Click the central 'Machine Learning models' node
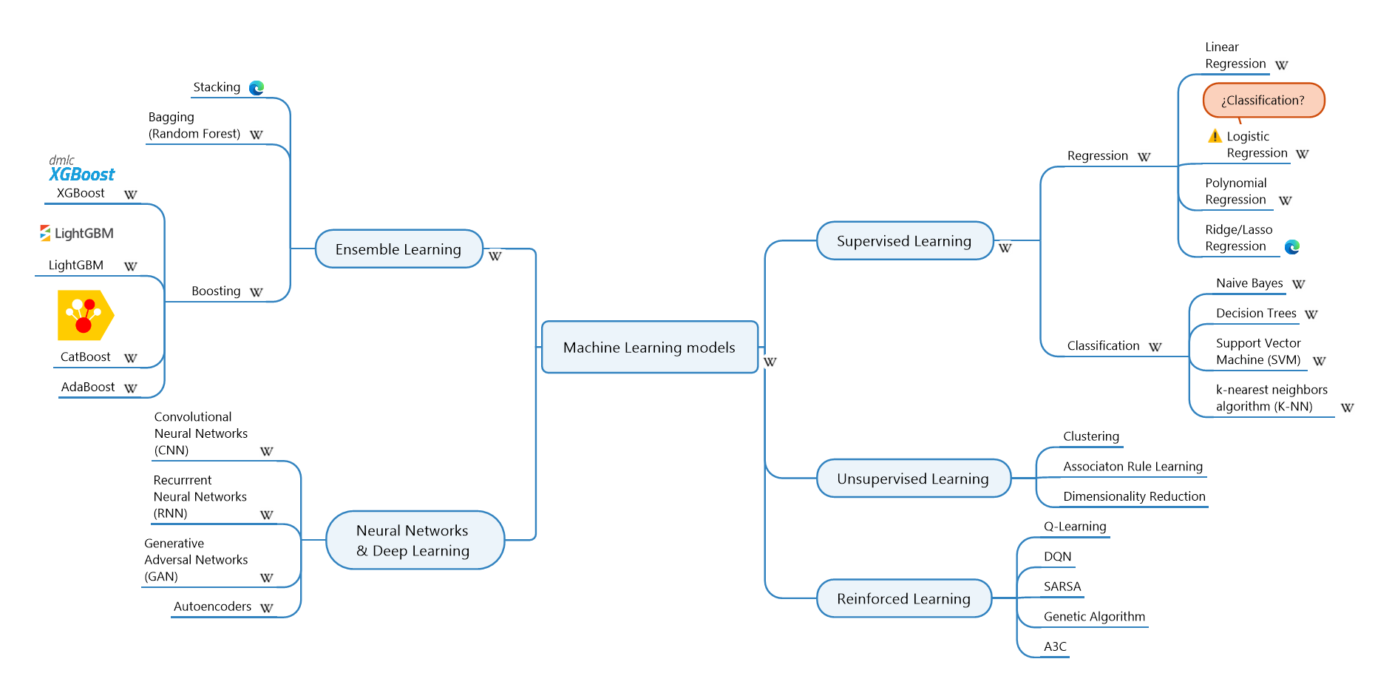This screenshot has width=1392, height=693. click(x=649, y=347)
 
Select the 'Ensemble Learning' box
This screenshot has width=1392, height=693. click(x=398, y=249)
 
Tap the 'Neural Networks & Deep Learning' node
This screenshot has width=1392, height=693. click(x=414, y=540)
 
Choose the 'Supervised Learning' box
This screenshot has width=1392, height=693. click(x=904, y=241)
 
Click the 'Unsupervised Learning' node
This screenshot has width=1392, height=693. click(x=912, y=479)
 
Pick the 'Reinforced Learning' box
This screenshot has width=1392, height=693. click(x=903, y=598)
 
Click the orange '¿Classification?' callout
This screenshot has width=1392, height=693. click(x=1263, y=101)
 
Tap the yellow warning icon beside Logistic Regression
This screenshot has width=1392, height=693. click(x=1215, y=136)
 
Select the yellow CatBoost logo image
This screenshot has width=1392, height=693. click(x=85, y=315)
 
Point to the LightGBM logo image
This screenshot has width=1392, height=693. click(x=77, y=233)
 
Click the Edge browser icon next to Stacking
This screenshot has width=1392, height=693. click(x=257, y=88)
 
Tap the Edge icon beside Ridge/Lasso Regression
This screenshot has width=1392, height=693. click(x=1291, y=247)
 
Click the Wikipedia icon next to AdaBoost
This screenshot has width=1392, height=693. click(x=131, y=388)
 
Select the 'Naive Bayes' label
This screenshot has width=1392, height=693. click(x=1249, y=283)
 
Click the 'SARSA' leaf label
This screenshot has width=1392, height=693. click(x=1062, y=586)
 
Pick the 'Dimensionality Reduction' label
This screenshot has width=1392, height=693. click(x=1134, y=496)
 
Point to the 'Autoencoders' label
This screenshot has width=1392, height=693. click(x=212, y=606)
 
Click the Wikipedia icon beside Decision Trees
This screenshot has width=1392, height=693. click(x=1311, y=314)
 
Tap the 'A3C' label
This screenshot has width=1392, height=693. click(x=1055, y=646)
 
